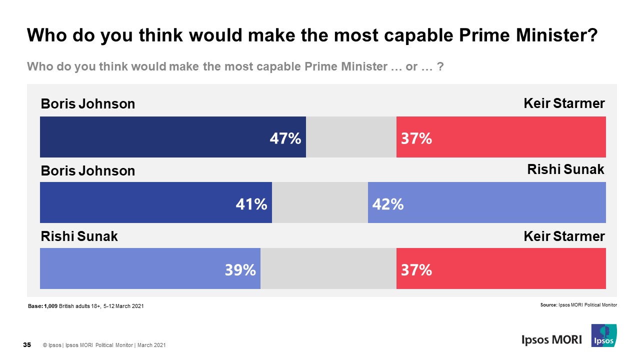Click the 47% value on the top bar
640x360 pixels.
click(285, 138)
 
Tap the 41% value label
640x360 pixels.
click(251, 204)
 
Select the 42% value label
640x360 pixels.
click(387, 204)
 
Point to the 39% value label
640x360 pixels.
click(240, 270)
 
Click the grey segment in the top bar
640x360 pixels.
click(351, 137)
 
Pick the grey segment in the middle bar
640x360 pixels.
click(320, 202)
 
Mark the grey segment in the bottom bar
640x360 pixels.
click(328, 268)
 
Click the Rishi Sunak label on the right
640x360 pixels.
click(565, 170)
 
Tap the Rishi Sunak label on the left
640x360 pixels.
click(79, 236)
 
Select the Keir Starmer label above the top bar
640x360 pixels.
click(564, 103)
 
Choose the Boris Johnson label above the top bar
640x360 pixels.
click(87, 104)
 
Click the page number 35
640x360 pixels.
click(27, 345)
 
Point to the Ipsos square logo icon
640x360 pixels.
click(603, 335)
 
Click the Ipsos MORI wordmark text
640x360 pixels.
click(551, 339)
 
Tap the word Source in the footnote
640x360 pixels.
click(548, 304)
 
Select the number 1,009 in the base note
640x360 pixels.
click(51, 306)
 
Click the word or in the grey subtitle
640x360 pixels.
click(411, 66)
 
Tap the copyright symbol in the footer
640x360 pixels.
click(45, 345)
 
